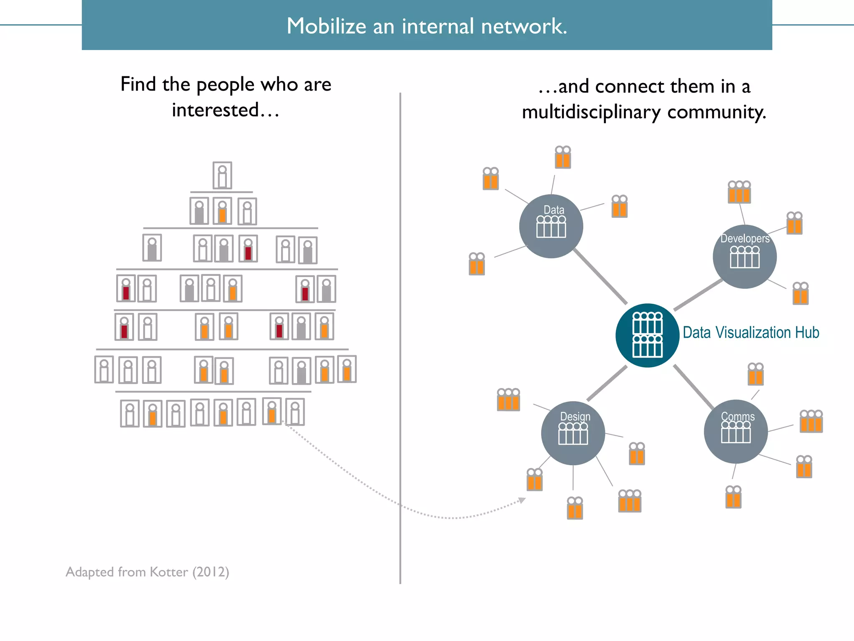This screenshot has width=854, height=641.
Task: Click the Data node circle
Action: (551, 226)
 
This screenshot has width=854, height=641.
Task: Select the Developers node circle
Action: (744, 257)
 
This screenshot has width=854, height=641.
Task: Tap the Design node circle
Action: (573, 433)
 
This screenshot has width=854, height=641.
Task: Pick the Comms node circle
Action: (736, 432)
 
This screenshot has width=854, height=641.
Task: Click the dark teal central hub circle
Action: (647, 335)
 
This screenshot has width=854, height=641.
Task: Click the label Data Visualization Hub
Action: (751, 333)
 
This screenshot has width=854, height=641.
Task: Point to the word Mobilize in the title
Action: (326, 26)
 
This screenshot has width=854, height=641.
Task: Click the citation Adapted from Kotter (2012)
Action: (147, 572)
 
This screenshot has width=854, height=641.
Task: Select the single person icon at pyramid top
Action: (222, 175)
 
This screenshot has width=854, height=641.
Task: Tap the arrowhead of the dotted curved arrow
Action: (522, 500)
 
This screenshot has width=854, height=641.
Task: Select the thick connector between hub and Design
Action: (607, 383)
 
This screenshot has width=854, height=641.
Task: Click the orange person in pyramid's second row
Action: (222, 211)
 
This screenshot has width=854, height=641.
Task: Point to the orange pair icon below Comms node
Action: (733, 497)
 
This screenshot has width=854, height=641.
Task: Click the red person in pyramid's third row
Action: (248, 249)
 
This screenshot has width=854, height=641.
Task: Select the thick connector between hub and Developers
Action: (698, 295)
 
